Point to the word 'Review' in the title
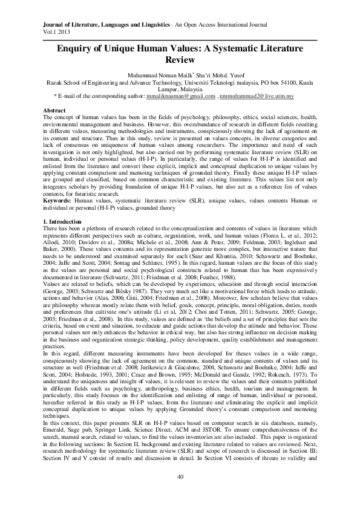(180, 61)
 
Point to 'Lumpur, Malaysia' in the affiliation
(180, 88)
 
